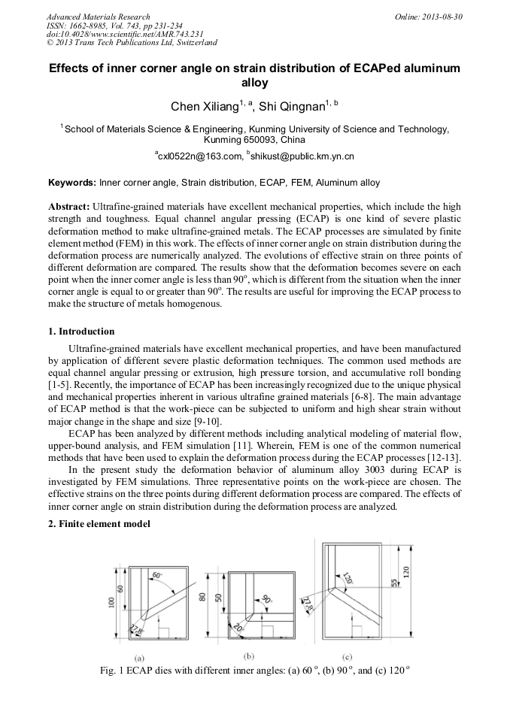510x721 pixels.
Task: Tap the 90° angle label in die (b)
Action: click(266, 600)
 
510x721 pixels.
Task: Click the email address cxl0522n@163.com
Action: click(197, 156)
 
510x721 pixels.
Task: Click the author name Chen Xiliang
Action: click(204, 106)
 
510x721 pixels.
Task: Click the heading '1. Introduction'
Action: click(81, 332)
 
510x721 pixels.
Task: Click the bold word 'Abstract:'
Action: click(69, 206)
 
